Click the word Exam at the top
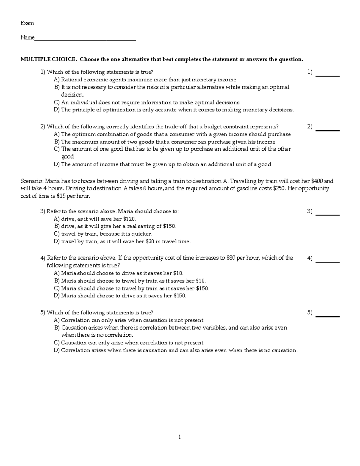point(27,23)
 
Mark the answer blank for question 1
point(328,76)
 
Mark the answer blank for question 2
point(328,130)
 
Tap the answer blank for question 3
point(328,215)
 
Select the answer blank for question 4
point(328,262)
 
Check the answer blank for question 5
point(328,316)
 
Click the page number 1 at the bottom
point(180,437)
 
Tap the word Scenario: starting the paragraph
point(32,181)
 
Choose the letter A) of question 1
point(57,80)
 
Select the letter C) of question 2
point(57,149)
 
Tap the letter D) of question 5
point(57,350)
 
